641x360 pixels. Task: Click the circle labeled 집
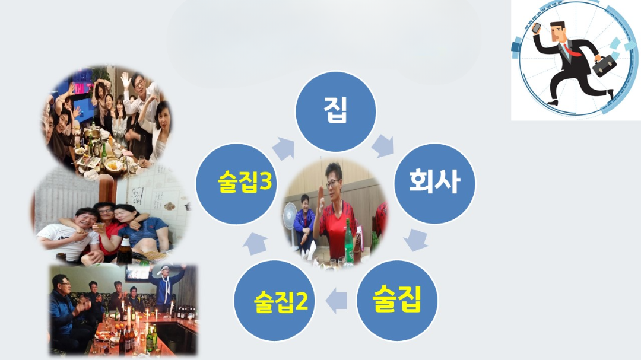click(336, 111)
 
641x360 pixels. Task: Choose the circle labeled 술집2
click(274, 301)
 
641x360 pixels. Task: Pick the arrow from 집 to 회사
click(383, 145)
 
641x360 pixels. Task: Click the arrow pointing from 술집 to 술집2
click(337, 301)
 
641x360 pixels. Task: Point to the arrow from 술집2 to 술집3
click(256, 243)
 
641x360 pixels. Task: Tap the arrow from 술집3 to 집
click(284, 147)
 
